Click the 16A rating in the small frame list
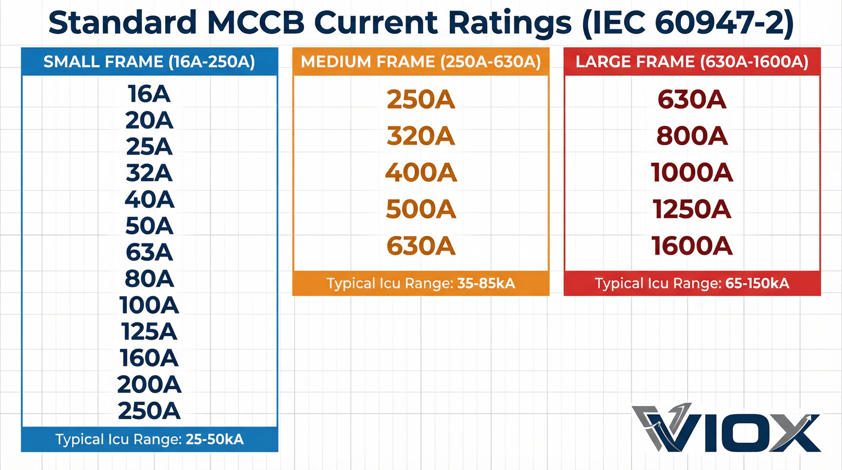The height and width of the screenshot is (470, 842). [149, 94]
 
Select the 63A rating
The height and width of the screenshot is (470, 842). [149, 252]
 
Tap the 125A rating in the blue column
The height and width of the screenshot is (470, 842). [149, 332]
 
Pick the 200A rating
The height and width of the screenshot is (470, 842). [149, 384]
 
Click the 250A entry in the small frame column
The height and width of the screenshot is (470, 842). [149, 411]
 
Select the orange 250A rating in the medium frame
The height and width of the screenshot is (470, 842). [421, 99]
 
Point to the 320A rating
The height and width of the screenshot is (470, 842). [421, 136]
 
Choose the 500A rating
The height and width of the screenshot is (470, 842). [421, 209]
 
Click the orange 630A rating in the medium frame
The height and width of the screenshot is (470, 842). [421, 246]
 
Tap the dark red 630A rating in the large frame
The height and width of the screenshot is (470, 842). [692, 99]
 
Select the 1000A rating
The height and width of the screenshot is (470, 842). [692, 173]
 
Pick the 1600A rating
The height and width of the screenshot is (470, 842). [692, 246]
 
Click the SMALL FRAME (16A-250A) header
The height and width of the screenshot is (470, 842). [149, 62]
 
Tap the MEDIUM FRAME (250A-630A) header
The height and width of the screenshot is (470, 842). [421, 62]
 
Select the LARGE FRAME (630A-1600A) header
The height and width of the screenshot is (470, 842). [692, 62]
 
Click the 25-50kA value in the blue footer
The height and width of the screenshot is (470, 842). [214, 439]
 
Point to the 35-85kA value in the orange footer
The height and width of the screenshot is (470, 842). [486, 283]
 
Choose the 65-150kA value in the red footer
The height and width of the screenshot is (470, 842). [757, 283]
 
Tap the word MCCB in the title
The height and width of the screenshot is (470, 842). [256, 23]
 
